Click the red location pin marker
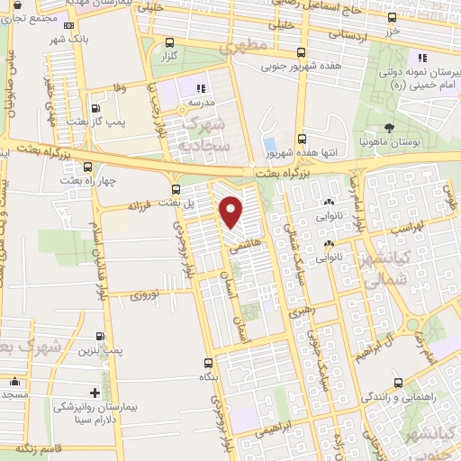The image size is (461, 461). tap(232, 212)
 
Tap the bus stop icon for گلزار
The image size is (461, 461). tap(170, 41)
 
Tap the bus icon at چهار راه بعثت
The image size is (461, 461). tap(88, 166)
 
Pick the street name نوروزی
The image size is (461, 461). tap(144, 294)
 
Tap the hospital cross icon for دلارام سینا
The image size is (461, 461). tap(95, 393)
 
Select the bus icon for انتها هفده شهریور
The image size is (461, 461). tap(302, 140)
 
